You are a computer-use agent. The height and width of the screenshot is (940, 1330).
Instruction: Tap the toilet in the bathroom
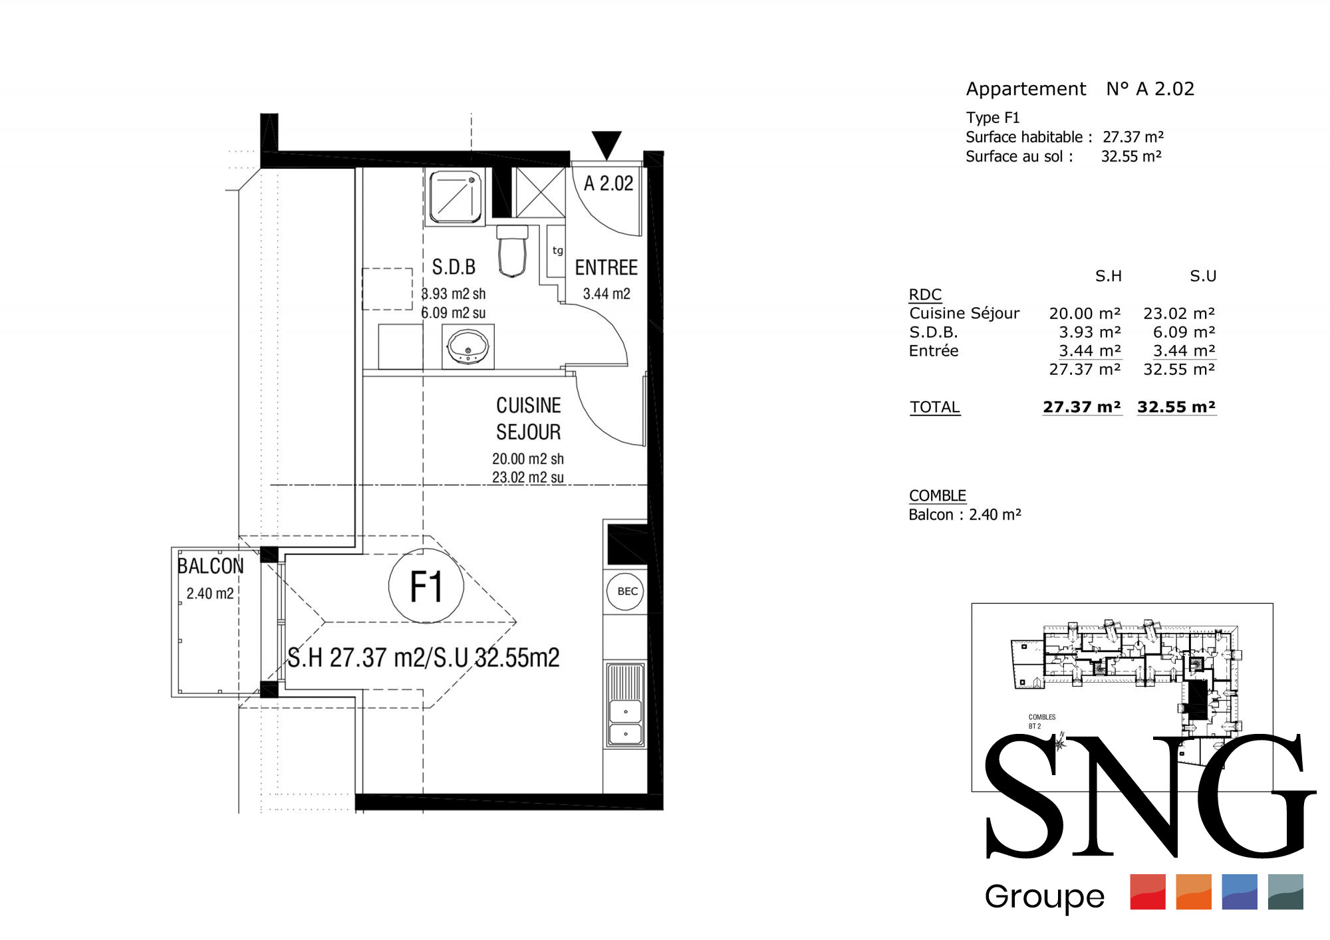coord(512,251)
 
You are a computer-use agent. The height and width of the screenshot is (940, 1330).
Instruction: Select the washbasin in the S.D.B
coord(468,346)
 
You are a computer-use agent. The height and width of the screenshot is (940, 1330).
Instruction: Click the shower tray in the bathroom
coord(456,197)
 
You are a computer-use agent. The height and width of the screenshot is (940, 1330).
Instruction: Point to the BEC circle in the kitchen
coord(626,591)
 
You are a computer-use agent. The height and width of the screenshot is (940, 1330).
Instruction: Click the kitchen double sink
coord(625,705)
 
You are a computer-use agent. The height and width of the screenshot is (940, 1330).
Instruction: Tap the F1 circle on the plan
coord(426,586)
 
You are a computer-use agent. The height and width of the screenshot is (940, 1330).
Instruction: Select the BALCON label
coord(210,566)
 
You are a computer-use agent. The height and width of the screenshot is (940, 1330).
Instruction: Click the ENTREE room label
coord(606,268)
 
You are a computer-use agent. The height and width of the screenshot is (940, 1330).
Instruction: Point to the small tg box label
coord(557,251)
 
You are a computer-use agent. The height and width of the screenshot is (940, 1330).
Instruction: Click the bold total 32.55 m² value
coord(1176,407)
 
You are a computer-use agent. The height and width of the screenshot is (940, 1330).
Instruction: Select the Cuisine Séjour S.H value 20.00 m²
coord(1085,313)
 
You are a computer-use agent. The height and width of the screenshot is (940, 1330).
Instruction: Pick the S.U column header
coord(1203,276)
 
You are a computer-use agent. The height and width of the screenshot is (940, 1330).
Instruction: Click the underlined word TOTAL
coord(935,407)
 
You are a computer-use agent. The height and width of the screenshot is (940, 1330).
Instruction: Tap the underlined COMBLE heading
coord(938,496)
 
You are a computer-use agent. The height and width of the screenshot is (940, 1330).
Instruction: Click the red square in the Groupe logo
coord(1148,891)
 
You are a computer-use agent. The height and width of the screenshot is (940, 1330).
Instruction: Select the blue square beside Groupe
coord(1240,891)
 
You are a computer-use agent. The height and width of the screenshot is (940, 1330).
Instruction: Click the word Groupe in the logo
coord(1045,897)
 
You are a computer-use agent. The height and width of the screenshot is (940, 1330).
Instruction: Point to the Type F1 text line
coord(993,118)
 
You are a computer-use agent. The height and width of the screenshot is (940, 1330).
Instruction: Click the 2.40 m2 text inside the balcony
coord(210,594)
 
